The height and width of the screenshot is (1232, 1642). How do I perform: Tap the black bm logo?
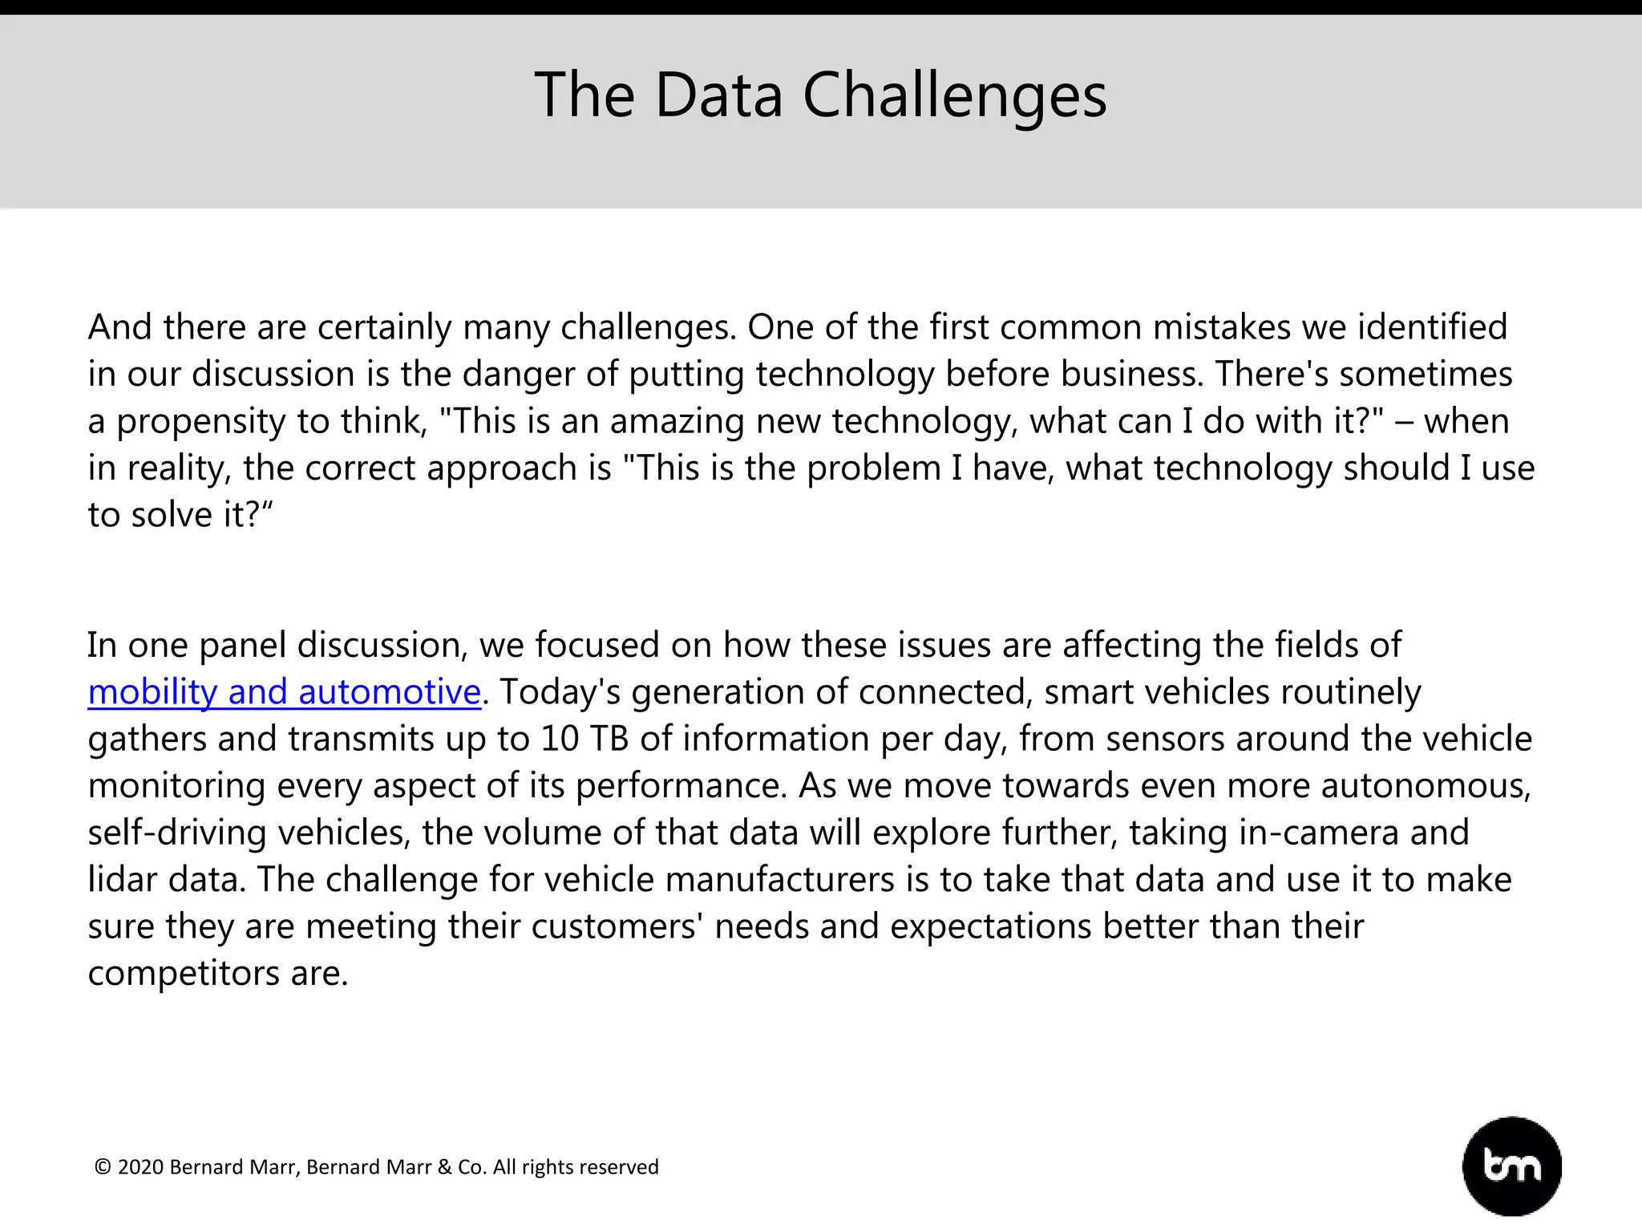point(1511,1166)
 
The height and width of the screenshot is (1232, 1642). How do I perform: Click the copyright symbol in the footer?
point(103,1167)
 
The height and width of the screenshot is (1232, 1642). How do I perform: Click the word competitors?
point(184,974)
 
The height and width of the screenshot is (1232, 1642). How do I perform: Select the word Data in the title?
point(718,96)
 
